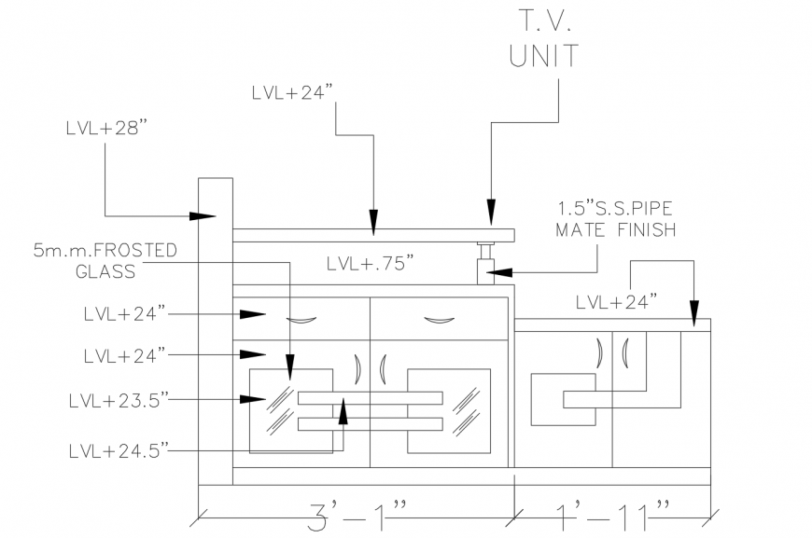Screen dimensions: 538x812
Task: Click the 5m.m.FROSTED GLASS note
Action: coord(105,262)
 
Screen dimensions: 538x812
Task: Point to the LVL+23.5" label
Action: coord(118,400)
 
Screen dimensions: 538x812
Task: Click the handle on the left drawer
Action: coord(301,321)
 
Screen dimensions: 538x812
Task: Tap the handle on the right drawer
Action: coord(439,321)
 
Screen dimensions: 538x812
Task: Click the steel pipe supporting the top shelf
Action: coord(485,259)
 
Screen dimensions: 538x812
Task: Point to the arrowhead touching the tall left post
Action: coord(204,216)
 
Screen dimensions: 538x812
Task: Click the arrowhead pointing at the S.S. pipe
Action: coord(498,272)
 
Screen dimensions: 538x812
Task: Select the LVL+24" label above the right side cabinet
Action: coord(616,301)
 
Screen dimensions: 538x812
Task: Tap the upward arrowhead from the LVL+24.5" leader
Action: coord(343,409)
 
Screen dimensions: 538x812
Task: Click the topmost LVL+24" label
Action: coord(292,94)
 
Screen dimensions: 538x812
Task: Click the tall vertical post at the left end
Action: coord(216,331)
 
